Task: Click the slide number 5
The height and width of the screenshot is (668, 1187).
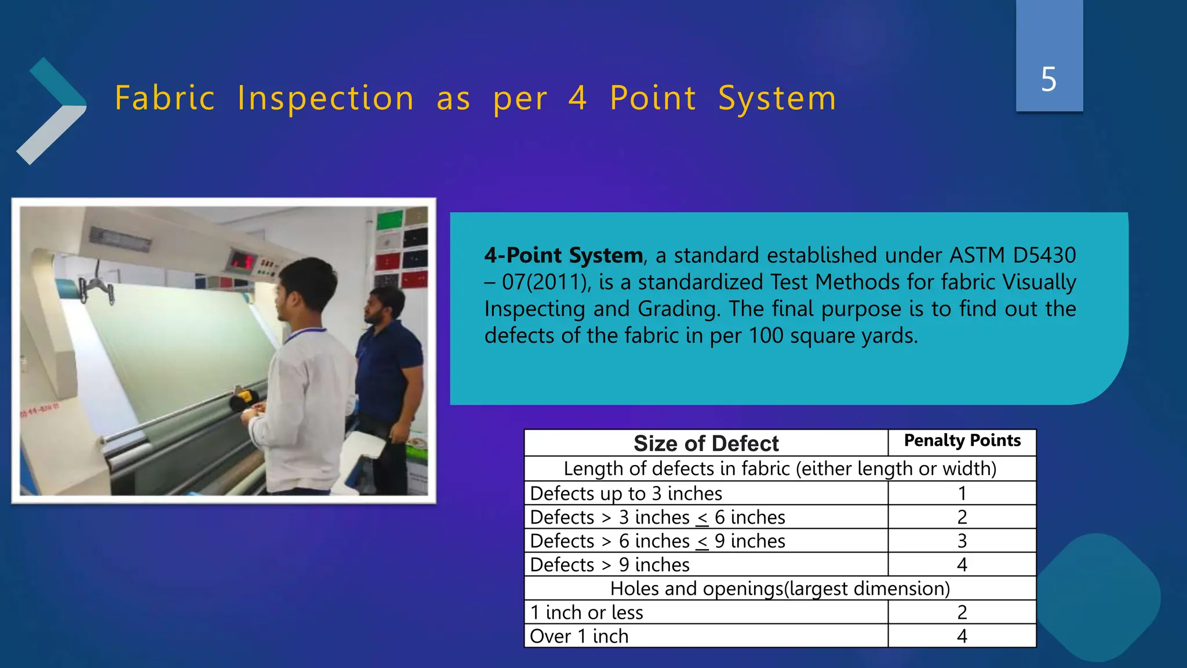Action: click(x=1048, y=79)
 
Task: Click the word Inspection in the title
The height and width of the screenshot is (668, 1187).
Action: click(x=326, y=98)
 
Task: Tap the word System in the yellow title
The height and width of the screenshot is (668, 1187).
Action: click(x=777, y=98)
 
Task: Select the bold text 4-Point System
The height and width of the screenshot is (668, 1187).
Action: click(x=563, y=256)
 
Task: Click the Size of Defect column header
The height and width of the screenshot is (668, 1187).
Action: click(x=706, y=444)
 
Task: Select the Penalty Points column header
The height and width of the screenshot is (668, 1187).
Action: click(x=962, y=441)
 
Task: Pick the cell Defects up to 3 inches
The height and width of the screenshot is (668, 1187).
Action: click(x=626, y=493)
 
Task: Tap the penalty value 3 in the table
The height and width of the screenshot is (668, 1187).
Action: click(x=962, y=541)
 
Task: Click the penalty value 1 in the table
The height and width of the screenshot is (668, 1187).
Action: click(x=962, y=493)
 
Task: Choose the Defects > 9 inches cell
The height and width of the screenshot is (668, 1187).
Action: click(x=610, y=565)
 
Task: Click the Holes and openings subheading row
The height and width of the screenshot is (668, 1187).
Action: click(x=780, y=589)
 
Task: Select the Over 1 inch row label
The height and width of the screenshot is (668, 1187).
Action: click(x=579, y=636)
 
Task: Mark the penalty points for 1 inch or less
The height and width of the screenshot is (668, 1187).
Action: click(x=962, y=612)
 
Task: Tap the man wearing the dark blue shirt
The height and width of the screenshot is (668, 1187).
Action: click(x=388, y=371)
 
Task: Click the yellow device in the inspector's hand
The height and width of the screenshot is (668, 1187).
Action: click(x=243, y=399)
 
